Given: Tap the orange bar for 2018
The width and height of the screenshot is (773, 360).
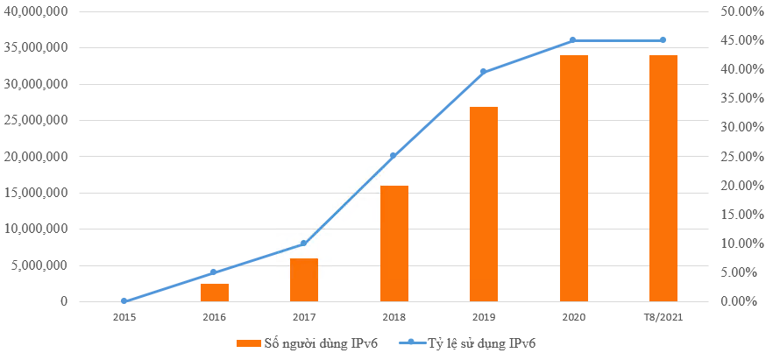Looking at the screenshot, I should click(x=394, y=244).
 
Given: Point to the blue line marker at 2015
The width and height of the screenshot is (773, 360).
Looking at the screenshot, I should click(x=124, y=301).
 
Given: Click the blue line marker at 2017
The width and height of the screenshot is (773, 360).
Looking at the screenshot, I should click(x=304, y=244).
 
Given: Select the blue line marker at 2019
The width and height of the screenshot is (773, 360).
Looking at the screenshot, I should click(x=484, y=72).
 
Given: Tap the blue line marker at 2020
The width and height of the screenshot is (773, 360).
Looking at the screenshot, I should click(x=573, y=40).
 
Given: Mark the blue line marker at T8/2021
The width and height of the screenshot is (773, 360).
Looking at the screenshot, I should click(x=663, y=40).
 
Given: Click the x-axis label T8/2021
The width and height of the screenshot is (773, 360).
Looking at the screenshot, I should click(x=663, y=318).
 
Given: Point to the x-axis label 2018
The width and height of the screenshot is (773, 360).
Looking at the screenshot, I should click(x=394, y=318).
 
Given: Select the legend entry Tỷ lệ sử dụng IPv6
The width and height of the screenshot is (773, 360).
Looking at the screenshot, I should click(x=473, y=342).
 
